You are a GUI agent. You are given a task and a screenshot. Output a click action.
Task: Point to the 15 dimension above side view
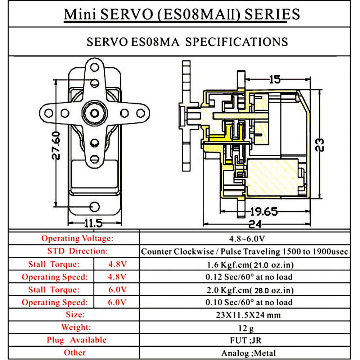(275, 79)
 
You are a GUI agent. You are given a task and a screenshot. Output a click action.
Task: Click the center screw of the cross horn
(95, 113)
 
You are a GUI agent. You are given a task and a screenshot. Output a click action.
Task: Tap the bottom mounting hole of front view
(95, 206)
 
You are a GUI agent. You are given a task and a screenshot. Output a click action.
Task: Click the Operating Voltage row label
(77, 238)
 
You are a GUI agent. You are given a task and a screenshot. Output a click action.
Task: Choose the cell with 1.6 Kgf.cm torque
(244, 265)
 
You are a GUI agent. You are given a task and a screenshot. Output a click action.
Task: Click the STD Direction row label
(77, 251)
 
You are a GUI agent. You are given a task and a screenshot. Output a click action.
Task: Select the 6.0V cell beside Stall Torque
(117, 290)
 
